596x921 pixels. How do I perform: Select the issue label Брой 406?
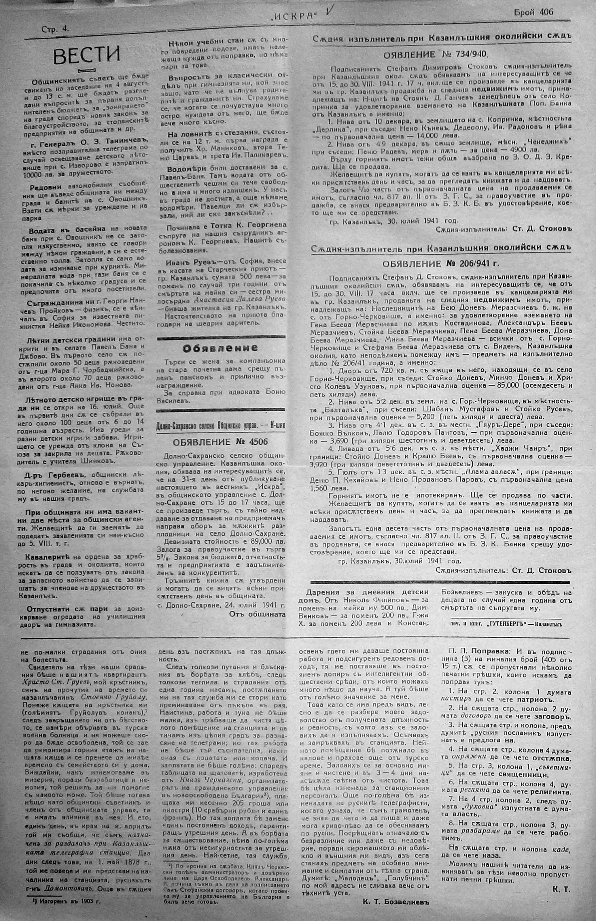(533, 12)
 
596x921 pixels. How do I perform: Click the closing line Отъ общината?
(258, 613)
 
